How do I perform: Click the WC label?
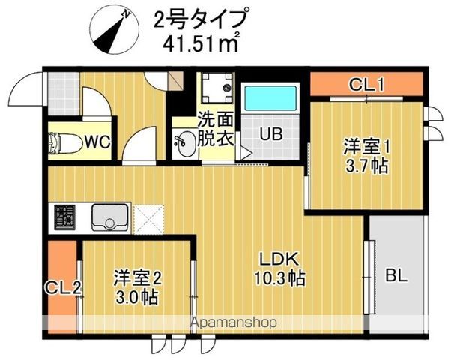97,141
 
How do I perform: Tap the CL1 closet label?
367,85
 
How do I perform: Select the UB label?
270,135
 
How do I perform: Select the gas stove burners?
64,217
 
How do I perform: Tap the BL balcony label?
396,275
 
